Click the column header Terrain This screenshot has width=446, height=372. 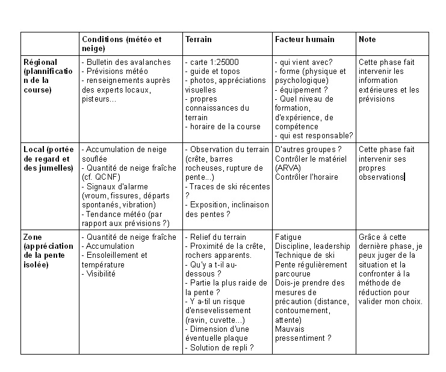click(198, 39)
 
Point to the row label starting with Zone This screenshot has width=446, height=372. click(33, 237)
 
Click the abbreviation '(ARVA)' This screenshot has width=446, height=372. click(291, 168)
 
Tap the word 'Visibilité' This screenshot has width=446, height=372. click(100, 273)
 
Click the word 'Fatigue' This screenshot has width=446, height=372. click(288, 237)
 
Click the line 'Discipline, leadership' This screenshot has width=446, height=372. click(312, 246)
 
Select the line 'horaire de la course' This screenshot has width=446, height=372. click(225, 127)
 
